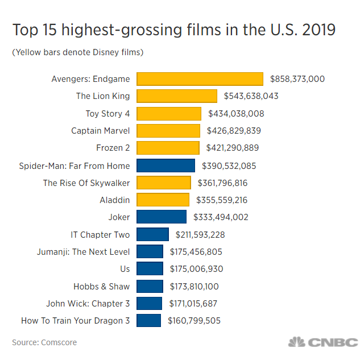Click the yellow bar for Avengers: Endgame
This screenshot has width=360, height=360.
(x=200, y=78)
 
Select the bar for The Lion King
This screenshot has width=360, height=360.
(x=177, y=96)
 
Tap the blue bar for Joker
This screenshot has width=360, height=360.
(x=162, y=217)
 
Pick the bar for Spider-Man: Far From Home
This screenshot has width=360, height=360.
(x=165, y=165)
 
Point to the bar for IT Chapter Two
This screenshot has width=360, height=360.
(x=152, y=234)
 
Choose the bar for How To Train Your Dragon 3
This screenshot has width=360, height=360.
(x=148, y=321)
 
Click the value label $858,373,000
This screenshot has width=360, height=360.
(x=297, y=78)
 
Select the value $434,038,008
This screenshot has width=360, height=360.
(x=236, y=114)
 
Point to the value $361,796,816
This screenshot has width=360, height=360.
(x=222, y=183)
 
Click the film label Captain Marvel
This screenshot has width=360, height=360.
(x=101, y=131)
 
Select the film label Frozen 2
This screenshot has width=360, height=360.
(x=113, y=148)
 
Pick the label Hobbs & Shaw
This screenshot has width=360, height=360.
(x=101, y=286)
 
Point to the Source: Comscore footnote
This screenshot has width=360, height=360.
(x=44, y=342)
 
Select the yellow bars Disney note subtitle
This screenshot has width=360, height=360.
(x=77, y=53)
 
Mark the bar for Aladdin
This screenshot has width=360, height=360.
(x=163, y=200)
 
